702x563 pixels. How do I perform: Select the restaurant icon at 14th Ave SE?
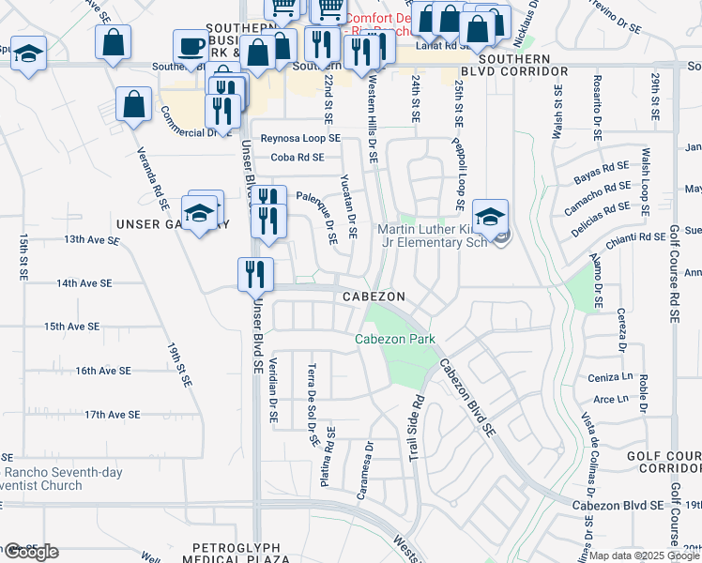tap(255, 274)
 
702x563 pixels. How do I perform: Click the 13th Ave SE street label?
tap(92, 240)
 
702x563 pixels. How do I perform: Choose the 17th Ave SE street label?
tap(112, 414)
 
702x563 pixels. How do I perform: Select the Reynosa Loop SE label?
tap(301, 138)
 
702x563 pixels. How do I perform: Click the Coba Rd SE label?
tap(297, 158)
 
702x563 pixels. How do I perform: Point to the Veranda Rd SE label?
tap(153, 177)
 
